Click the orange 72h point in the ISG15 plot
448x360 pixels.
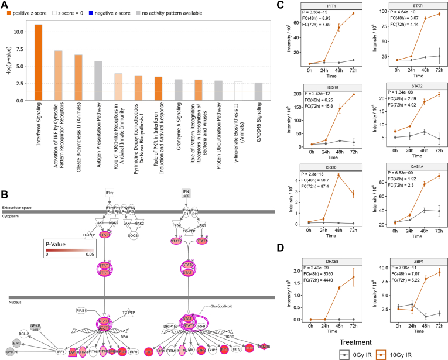tap(353, 94)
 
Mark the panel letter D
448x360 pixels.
tap(281, 247)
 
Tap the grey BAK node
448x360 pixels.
tap(10, 351)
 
